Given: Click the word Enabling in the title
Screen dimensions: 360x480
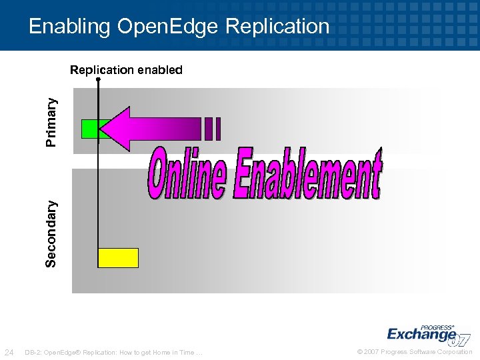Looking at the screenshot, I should tap(70, 27).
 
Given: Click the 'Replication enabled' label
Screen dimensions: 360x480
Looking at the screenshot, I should tap(126, 69).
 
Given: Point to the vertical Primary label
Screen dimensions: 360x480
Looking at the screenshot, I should tap(51, 121).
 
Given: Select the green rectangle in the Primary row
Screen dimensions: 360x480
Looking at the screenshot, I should tap(89, 129).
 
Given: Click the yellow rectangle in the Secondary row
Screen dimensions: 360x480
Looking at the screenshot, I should tap(118, 257).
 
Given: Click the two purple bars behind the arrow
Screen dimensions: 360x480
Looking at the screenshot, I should tap(213, 129).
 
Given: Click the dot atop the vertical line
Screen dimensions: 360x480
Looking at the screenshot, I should tap(99, 79).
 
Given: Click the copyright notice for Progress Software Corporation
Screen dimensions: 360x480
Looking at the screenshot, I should tap(415, 352).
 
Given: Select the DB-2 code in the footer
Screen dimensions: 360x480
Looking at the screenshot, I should tap(32, 352).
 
